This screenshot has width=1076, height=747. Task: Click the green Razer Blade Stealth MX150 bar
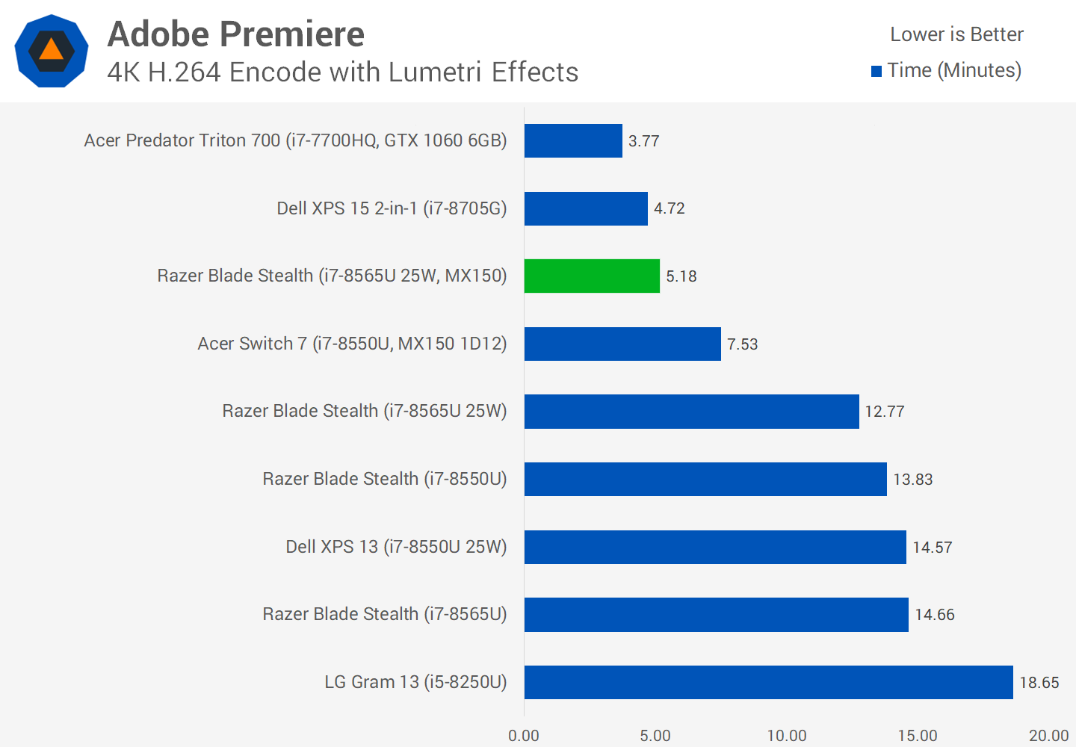click(592, 276)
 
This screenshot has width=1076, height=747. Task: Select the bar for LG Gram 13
click(768, 682)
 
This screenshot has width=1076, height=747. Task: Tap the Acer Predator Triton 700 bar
click(573, 140)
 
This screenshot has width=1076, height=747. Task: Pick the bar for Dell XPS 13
click(715, 547)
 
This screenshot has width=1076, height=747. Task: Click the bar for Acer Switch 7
click(622, 344)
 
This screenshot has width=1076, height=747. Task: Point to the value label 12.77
click(885, 412)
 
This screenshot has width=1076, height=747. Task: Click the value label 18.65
click(1039, 683)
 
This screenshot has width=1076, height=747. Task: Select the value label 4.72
click(670, 208)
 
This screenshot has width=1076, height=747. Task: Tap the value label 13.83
click(913, 480)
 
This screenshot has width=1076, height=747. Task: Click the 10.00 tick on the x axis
click(787, 736)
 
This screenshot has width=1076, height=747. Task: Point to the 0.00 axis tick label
click(524, 736)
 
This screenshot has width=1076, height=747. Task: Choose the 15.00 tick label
click(918, 736)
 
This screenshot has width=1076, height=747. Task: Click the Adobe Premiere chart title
click(236, 34)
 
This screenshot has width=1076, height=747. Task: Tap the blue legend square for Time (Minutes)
click(876, 72)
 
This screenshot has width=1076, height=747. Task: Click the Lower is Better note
click(956, 34)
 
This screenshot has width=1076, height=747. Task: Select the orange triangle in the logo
click(51, 50)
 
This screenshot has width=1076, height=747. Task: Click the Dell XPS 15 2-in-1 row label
click(392, 208)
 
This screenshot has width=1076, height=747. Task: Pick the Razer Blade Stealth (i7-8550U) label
click(385, 479)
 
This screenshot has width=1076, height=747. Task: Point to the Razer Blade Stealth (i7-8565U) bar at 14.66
click(716, 614)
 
